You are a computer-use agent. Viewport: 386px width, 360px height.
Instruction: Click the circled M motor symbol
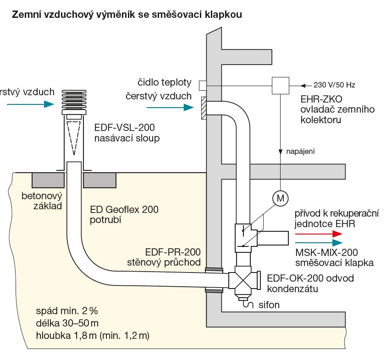(279, 198)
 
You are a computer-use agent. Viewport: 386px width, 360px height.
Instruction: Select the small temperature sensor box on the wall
(203, 85)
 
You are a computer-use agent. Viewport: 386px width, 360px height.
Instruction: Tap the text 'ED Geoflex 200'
(124, 210)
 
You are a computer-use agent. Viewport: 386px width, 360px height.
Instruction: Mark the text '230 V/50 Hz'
(335, 85)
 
